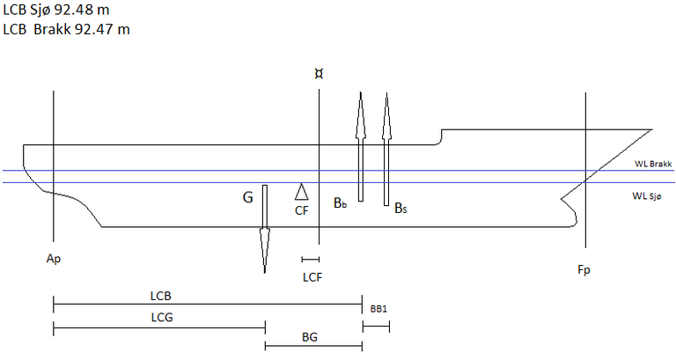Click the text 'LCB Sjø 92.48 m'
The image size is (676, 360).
tap(55, 11)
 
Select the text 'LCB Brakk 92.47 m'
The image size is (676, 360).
tap(67, 29)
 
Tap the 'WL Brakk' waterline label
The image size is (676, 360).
tap(653, 165)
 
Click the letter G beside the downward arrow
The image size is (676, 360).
tap(248, 198)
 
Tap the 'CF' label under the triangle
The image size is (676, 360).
tap(301, 209)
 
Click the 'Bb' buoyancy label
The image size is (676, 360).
tap(340, 203)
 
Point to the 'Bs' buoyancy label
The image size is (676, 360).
tap(400, 209)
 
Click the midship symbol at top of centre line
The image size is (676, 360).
tap(318, 76)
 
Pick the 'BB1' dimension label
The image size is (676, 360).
tap(379, 309)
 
